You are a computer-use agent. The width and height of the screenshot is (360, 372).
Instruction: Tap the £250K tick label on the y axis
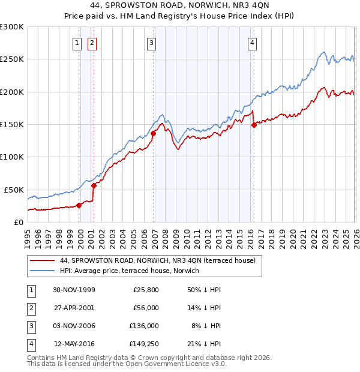pyautogui.click(x=12, y=59)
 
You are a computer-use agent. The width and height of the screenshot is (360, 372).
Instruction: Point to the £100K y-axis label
pyautogui.click(x=12, y=157)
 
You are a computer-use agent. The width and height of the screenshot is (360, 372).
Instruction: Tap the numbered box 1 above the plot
pyautogui.click(x=78, y=43)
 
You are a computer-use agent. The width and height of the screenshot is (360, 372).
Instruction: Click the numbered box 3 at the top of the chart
pyautogui.click(x=152, y=43)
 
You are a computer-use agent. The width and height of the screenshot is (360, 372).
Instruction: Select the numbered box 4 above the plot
pyautogui.click(x=253, y=43)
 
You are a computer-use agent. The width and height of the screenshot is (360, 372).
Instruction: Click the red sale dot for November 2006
pyautogui.click(x=153, y=133)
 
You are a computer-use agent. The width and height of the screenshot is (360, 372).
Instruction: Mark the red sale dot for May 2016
pyautogui.click(x=254, y=125)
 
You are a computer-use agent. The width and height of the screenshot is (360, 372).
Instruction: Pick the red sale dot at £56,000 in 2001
pyautogui.click(x=94, y=185)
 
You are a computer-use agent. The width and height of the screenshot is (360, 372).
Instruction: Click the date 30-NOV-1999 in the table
pyautogui.click(x=74, y=290)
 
